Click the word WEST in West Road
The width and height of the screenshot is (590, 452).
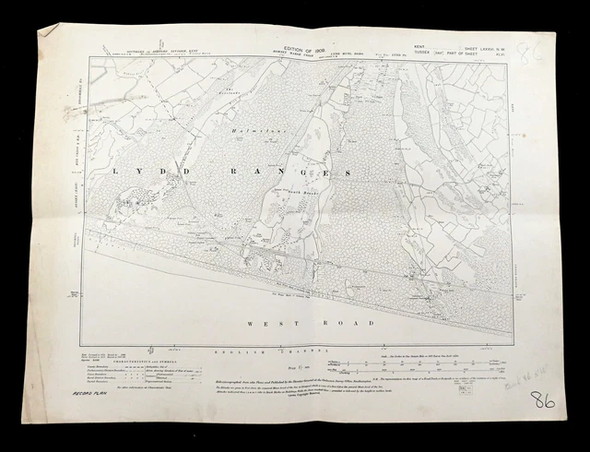tap(265, 323)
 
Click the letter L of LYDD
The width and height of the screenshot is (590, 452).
tap(114, 171)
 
